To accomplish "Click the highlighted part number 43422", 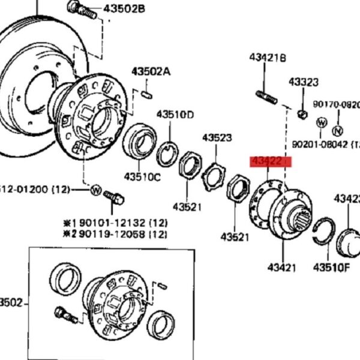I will click(x=270, y=161).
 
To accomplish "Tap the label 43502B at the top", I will click(x=124, y=9).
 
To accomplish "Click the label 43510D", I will click(x=175, y=114).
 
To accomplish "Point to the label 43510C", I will click(x=143, y=176).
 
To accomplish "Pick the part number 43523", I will click(x=217, y=137).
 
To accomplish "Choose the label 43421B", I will click(x=268, y=57).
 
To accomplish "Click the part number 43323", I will click(x=304, y=82).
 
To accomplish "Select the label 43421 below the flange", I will click(x=281, y=268).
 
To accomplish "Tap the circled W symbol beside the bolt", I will click(x=95, y=190).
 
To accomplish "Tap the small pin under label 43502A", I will click(x=148, y=94).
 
